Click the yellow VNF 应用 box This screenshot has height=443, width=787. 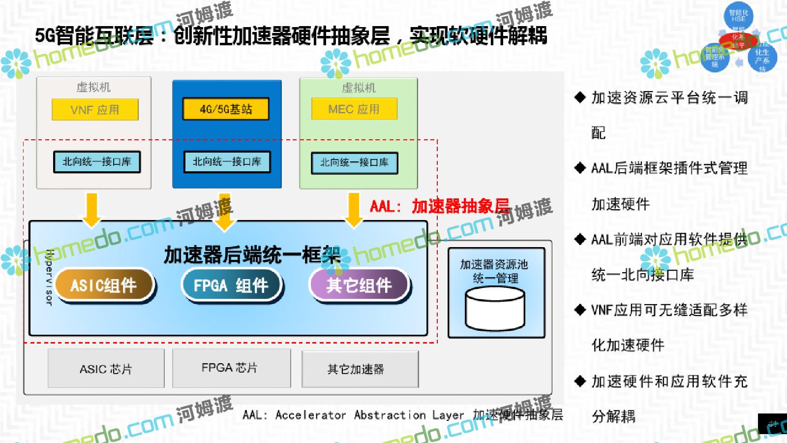pos(95,109)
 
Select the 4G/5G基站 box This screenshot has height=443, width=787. pos(226,109)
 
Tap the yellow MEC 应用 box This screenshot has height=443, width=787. pos(354,109)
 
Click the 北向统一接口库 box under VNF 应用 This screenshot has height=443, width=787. pos(97,162)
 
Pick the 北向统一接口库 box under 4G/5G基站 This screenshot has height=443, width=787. pos(227,162)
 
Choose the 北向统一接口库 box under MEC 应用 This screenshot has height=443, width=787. pos(355,163)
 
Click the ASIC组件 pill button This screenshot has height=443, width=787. pos(104,285)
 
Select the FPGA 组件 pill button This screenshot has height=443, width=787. pos(231,285)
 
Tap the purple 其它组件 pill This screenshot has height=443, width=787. pos(359,285)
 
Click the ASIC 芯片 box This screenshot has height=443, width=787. pos(106,369)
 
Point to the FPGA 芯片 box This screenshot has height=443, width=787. pos(231,368)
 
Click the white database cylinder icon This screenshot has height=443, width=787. pos(495,309)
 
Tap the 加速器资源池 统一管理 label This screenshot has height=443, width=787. pos(494,271)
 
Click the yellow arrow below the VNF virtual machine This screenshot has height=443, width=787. pos(92,210)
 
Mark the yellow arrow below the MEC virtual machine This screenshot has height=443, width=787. pos(354,210)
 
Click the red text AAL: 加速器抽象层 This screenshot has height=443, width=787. pos(439,206)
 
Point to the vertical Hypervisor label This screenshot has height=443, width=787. pos(49,277)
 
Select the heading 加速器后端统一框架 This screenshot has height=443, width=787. pos(252,255)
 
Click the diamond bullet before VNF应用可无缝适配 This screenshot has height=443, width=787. pos(580,310)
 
